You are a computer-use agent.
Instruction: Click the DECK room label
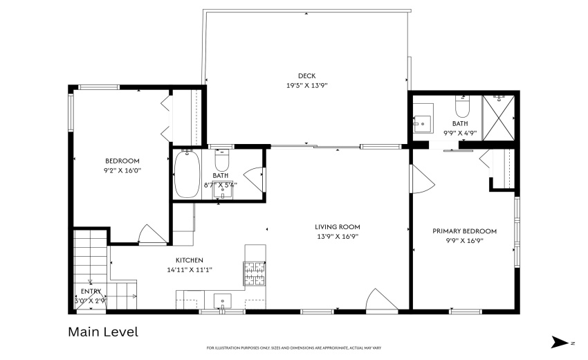(306, 76)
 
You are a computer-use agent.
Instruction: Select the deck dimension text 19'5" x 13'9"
(306, 86)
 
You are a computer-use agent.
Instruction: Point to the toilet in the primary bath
(462, 107)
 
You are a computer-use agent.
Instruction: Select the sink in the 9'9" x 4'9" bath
(423, 123)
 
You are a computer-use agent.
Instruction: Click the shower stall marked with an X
(498, 116)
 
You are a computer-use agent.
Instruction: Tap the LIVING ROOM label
(337, 226)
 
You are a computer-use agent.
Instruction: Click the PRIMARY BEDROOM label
(464, 231)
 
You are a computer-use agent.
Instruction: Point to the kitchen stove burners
(253, 271)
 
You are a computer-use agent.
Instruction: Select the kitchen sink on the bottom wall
(222, 302)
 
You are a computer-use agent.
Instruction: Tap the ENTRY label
(91, 291)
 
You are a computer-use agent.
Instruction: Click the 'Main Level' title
(102, 332)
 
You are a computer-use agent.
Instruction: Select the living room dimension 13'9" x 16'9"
(337, 236)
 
